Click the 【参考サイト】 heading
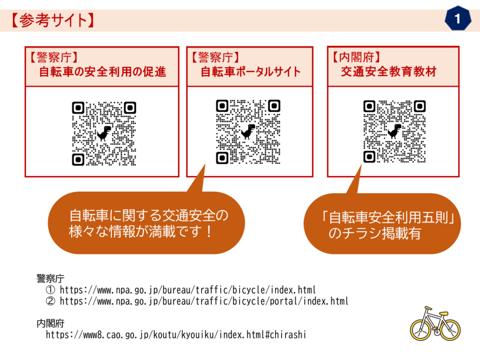coord(52,21)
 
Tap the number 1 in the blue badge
coord(457,19)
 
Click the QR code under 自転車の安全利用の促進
coord(104,134)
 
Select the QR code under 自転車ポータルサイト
coord(248,132)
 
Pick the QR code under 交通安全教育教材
coord(395,131)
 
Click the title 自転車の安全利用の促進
coord(103,72)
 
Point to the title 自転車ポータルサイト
coord(251,72)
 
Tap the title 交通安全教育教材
coord(389,71)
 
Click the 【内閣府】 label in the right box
coord(357,57)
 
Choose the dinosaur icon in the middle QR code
coord(248,132)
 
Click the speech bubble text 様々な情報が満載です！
coord(141,232)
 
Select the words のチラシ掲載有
coord(375,233)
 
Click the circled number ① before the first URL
coord(51,290)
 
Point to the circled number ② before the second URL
coord(51,301)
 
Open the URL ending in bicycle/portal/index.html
coord(204,301)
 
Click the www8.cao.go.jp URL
coord(176,335)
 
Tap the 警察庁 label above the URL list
coord(51,278)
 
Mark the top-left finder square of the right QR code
coord(369,106)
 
